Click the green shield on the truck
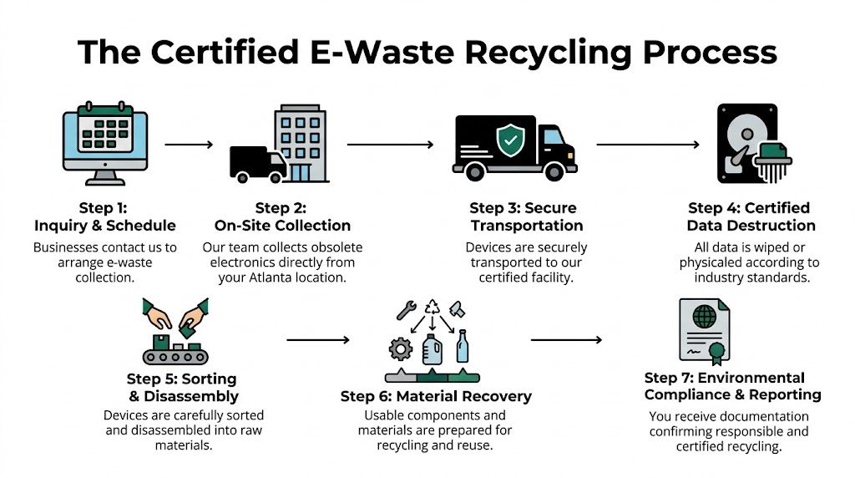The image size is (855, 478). coord(508,141)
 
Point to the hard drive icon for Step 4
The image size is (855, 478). coord(748,143)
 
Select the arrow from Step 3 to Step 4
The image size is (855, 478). coord(647,145)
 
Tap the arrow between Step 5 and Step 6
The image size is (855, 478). coord(317,340)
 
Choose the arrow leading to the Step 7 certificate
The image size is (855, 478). coord(565,340)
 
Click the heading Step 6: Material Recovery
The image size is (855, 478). coord(436,396)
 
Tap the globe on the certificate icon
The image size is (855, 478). coord(705,318)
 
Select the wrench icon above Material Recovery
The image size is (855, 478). coord(406,311)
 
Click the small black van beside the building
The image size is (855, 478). coord(257,163)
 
